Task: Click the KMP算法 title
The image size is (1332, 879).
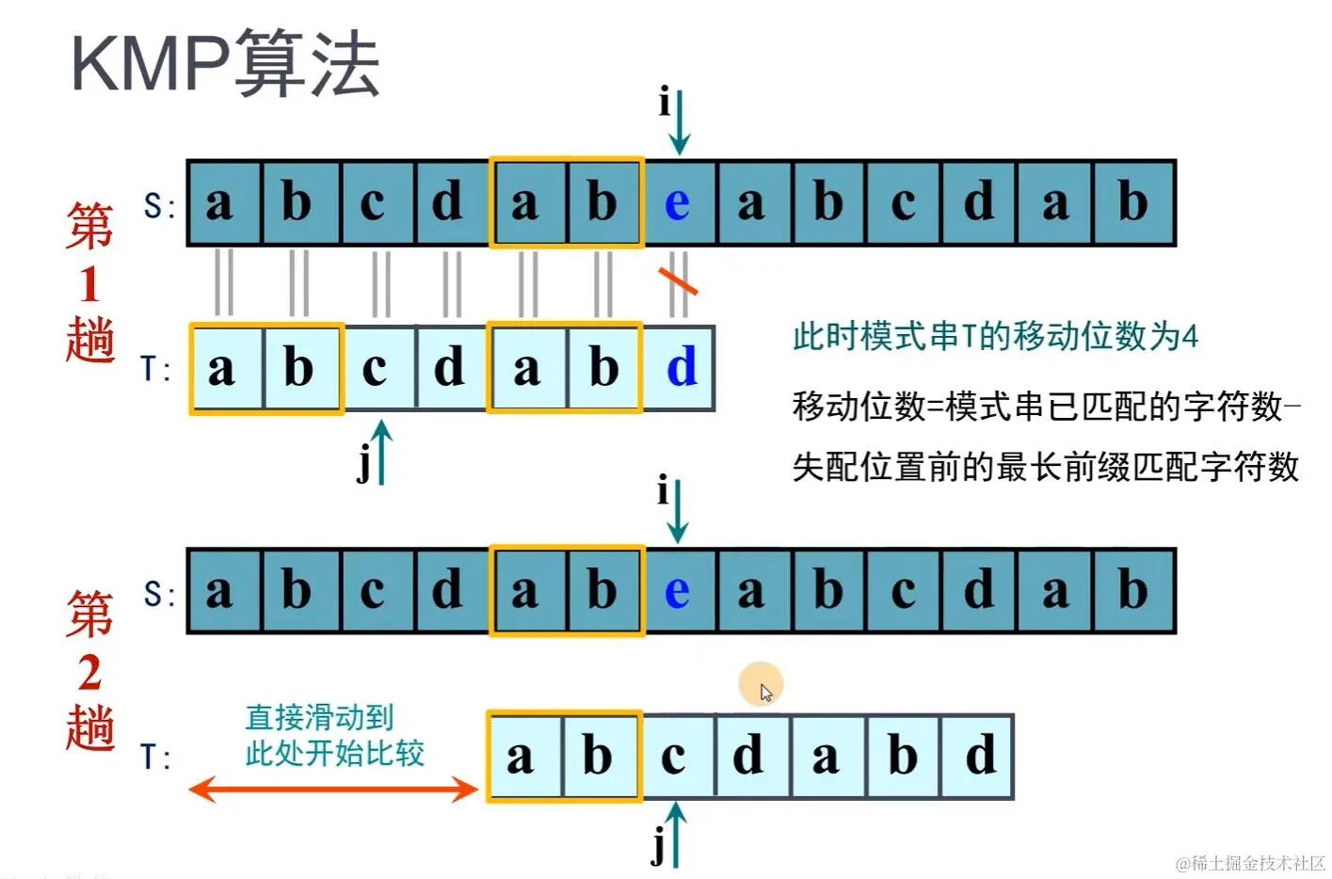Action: click(225, 63)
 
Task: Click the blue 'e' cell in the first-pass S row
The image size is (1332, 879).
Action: click(678, 203)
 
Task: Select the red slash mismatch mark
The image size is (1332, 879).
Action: click(678, 280)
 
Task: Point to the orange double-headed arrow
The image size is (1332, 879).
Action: click(333, 789)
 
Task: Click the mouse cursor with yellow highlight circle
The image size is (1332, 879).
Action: click(762, 685)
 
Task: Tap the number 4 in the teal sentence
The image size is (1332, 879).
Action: click(1190, 336)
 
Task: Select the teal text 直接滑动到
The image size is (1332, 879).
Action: click(319, 717)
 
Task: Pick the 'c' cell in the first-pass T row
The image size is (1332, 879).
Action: click(376, 368)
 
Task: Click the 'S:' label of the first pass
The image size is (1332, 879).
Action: click(159, 205)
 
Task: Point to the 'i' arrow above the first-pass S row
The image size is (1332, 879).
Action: click(678, 122)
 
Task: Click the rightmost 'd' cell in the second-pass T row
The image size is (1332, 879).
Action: click(979, 757)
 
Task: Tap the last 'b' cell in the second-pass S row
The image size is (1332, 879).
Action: click(1133, 591)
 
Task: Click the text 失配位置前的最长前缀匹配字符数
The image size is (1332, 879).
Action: click(1045, 467)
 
